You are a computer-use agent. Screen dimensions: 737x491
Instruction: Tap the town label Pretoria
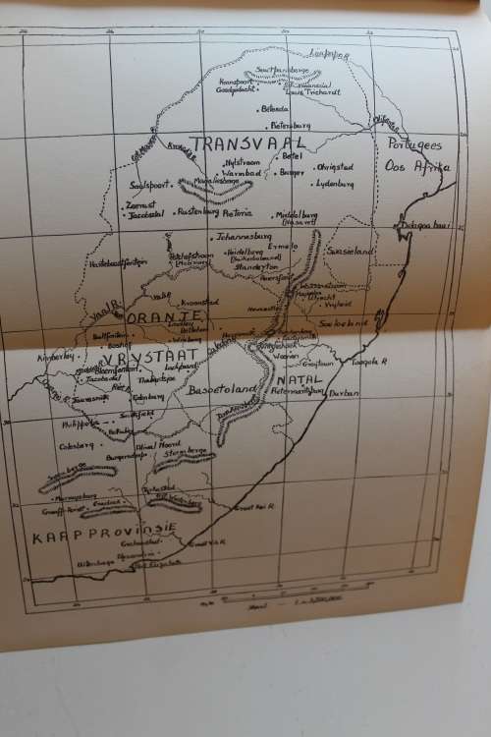point(238,212)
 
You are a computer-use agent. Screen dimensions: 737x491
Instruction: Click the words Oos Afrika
point(418,166)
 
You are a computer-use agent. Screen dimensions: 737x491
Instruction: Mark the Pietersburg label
point(288,126)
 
